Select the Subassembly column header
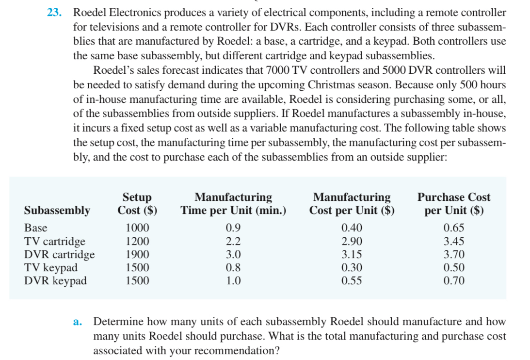point(57,210)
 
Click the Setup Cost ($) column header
point(137,204)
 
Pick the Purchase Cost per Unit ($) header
point(454,204)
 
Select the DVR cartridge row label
point(60,254)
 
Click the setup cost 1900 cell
point(137,254)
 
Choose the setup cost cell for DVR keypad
point(137,280)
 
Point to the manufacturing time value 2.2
point(233,241)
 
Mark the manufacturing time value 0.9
point(233,228)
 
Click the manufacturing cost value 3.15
point(352,254)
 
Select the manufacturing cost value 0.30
point(352,267)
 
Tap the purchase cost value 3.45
point(454,241)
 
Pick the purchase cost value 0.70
point(454,280)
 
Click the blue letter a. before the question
point(77,322)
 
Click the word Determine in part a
point(117,322)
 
